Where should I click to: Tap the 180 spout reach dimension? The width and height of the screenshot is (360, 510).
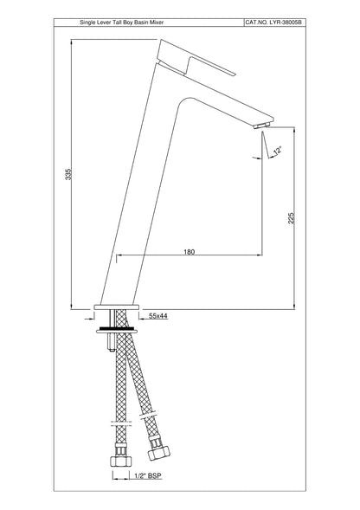(x=189, y=251)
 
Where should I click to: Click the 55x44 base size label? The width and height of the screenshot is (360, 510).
(x=158, y=317)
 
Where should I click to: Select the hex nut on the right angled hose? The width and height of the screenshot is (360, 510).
(x=158, y=451)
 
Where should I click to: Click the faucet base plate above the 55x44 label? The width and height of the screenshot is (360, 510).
(x=116, y=308)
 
